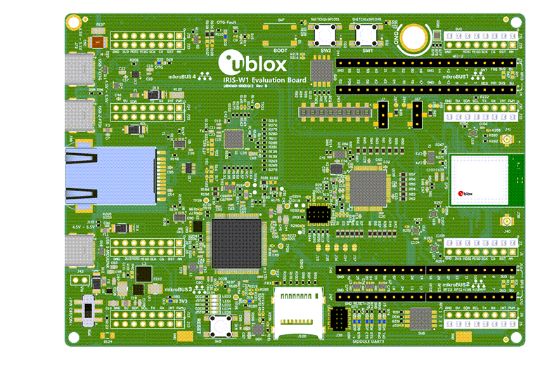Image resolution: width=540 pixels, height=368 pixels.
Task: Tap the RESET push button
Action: [x=225, y=324]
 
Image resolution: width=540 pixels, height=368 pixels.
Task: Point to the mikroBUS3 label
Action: [x=179, y=289]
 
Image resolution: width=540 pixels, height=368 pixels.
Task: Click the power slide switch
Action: [x=89, y=309]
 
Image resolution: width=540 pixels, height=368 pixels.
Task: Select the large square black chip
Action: [x=235, y=243]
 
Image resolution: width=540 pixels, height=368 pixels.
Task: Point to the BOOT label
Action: [x=281, y=50]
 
